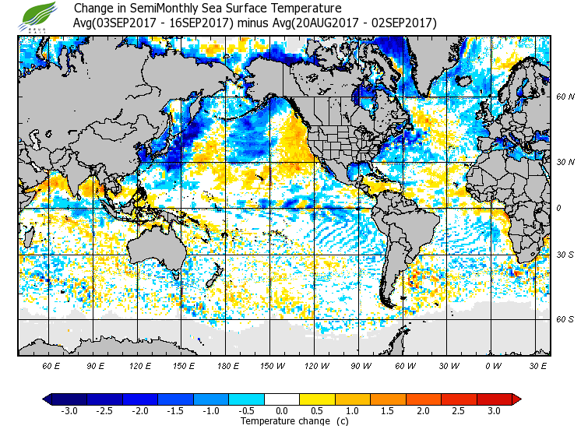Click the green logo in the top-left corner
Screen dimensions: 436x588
click(40, 16)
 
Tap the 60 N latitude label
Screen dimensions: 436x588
click(565, 97)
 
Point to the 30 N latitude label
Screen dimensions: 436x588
click(565, 161)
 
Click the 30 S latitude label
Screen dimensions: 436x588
click(565, 255)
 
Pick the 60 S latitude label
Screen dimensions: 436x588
click(565, 319)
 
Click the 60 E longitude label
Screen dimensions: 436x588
click(51, 365)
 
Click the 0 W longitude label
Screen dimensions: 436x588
click(493, 365)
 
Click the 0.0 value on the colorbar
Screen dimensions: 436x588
click(281, 411)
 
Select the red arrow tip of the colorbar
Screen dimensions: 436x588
click(516, 399)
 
